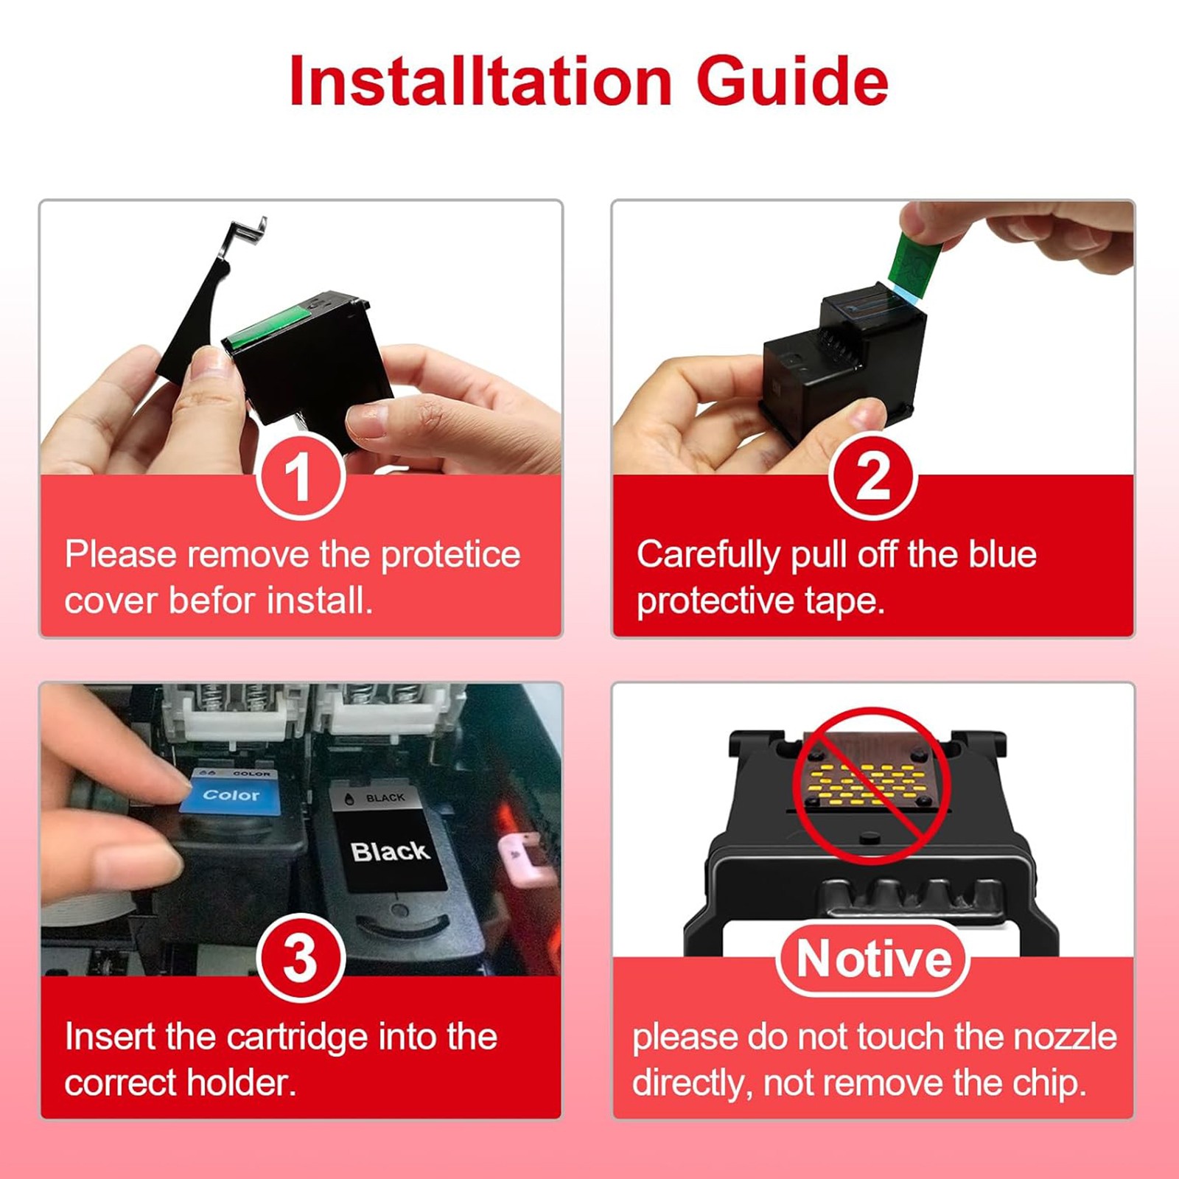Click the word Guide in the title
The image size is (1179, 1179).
(x=792, y=80)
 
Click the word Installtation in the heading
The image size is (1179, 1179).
(x=480, y=80)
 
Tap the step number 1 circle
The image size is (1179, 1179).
(x=300, y=476)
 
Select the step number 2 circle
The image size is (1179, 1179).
(x=872, y=476)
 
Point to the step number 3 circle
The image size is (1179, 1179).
(x=300, y=958)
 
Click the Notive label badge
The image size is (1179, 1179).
(x=873, y=959)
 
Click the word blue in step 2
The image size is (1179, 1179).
(x=1002, y=554)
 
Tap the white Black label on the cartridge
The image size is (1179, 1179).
(x=390, y=851)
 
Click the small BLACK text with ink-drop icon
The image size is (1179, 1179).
(x=377, y=798)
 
